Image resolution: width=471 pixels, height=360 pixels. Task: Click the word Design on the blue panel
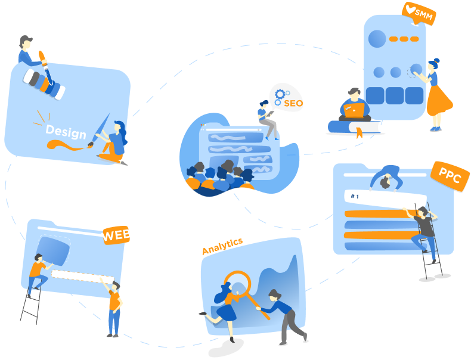[x=66, y=131]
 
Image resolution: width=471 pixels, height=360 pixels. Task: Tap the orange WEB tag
[x=116, y=235]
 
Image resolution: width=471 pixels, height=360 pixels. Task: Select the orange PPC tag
[x=450, y=175]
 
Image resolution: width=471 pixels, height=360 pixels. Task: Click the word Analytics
[x=222, y=246]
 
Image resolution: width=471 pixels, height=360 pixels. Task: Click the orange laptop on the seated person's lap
[x=354, y=110]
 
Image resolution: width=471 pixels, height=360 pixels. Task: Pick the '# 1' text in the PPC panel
[x=355, y=196]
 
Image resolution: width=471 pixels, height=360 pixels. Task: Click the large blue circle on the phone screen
[x=377, y=39]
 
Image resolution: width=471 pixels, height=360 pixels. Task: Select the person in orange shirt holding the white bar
[x=113, y=307]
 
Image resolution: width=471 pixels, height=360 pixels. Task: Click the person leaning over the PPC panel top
[x=385, y=178]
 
